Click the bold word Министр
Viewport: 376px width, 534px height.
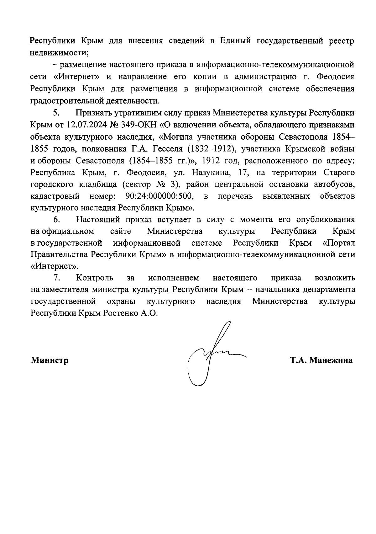50,360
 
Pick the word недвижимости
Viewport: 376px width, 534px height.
59,53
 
